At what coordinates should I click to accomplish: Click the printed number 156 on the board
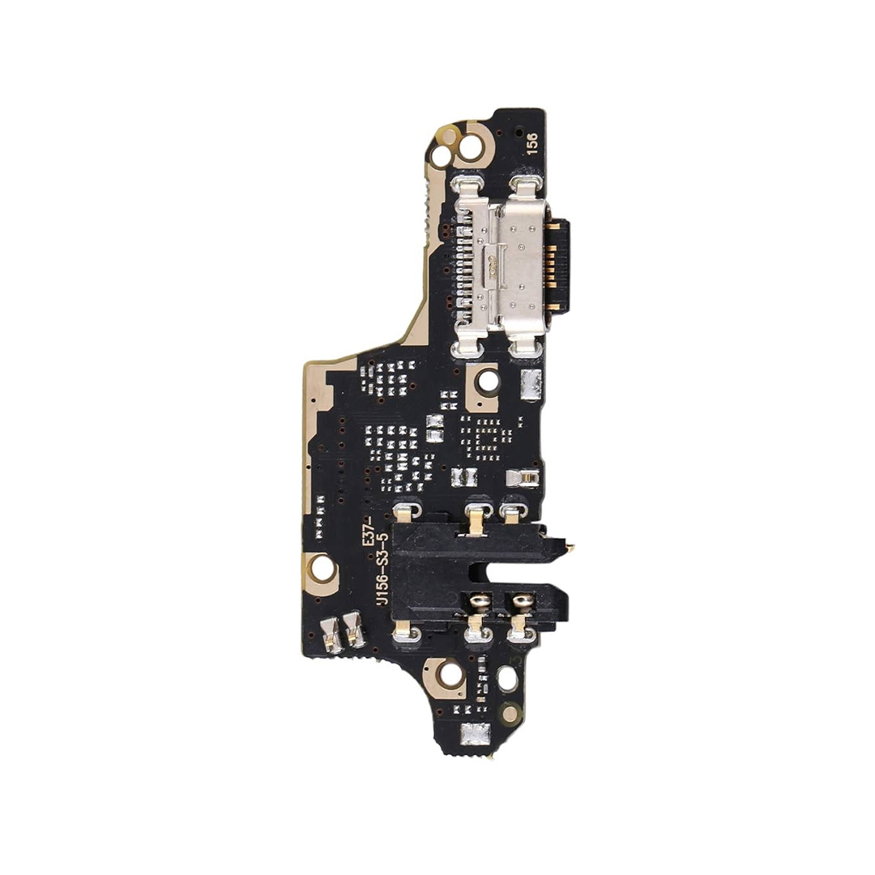(531, 143)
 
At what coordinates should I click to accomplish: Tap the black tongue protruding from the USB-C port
(561, 266)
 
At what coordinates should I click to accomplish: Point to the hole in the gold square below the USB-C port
(488, 382)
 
